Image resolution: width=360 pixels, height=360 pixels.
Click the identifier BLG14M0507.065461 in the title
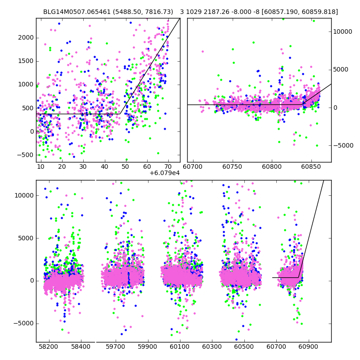tap(75, 12)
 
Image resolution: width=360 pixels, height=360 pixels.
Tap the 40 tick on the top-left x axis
tap(104, 167)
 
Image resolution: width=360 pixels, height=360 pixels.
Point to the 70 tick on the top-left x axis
tap(168, 167)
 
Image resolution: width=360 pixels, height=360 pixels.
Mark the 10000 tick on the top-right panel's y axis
tap(343, 31)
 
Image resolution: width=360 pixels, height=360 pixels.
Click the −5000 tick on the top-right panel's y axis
tap(343, 145)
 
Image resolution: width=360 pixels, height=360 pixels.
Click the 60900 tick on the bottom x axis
tap(309, 347)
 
